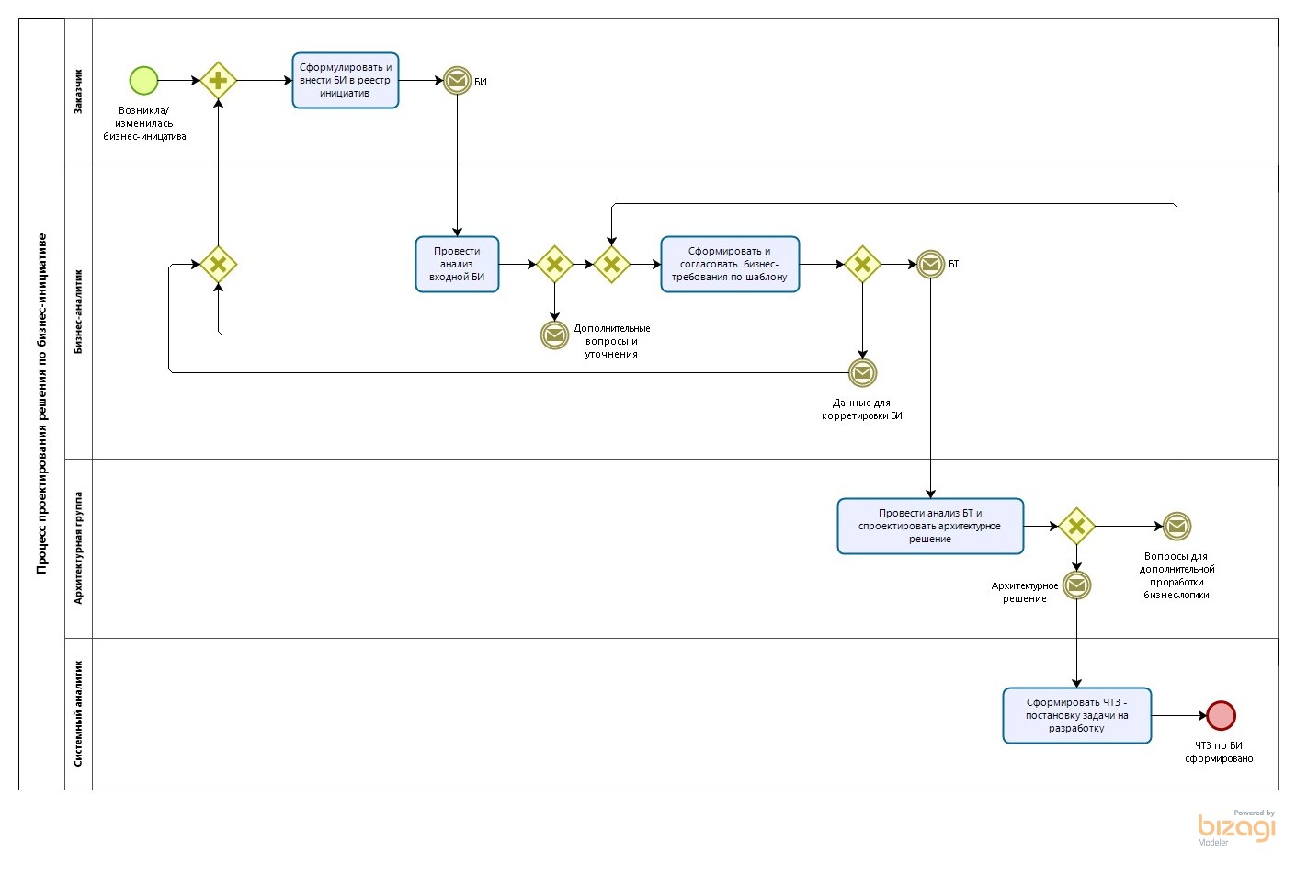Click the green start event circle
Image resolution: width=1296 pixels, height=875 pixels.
143,81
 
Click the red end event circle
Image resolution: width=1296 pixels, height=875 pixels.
1221,715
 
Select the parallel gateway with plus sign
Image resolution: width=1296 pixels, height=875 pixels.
219,81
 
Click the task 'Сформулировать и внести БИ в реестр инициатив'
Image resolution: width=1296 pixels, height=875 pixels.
345,81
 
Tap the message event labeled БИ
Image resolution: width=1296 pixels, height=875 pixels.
457,81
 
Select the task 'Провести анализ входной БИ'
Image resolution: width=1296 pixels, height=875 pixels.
457,265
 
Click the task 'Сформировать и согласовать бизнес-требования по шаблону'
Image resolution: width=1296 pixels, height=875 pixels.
730,265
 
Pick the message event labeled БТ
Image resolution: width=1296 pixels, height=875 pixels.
930,265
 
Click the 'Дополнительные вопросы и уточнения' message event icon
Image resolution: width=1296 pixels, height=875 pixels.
554,335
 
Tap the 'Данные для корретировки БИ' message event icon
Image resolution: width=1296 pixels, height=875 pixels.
862,372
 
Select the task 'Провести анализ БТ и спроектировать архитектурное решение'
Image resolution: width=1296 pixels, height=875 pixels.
929,527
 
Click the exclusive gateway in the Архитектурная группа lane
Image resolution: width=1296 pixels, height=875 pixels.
1076,527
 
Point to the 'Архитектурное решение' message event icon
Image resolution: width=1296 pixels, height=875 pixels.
1076,585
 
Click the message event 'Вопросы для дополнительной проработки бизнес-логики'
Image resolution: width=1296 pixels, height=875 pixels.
1177,527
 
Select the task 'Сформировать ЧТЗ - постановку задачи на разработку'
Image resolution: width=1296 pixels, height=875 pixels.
1076,715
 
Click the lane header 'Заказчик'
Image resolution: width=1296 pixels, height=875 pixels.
78,92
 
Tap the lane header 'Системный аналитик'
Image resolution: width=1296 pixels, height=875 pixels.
78,713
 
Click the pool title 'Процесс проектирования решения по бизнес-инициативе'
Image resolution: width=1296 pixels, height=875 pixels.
41,404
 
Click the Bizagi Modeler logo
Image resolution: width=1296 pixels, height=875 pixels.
1236,827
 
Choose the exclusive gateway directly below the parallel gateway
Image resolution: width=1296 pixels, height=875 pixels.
219,265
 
